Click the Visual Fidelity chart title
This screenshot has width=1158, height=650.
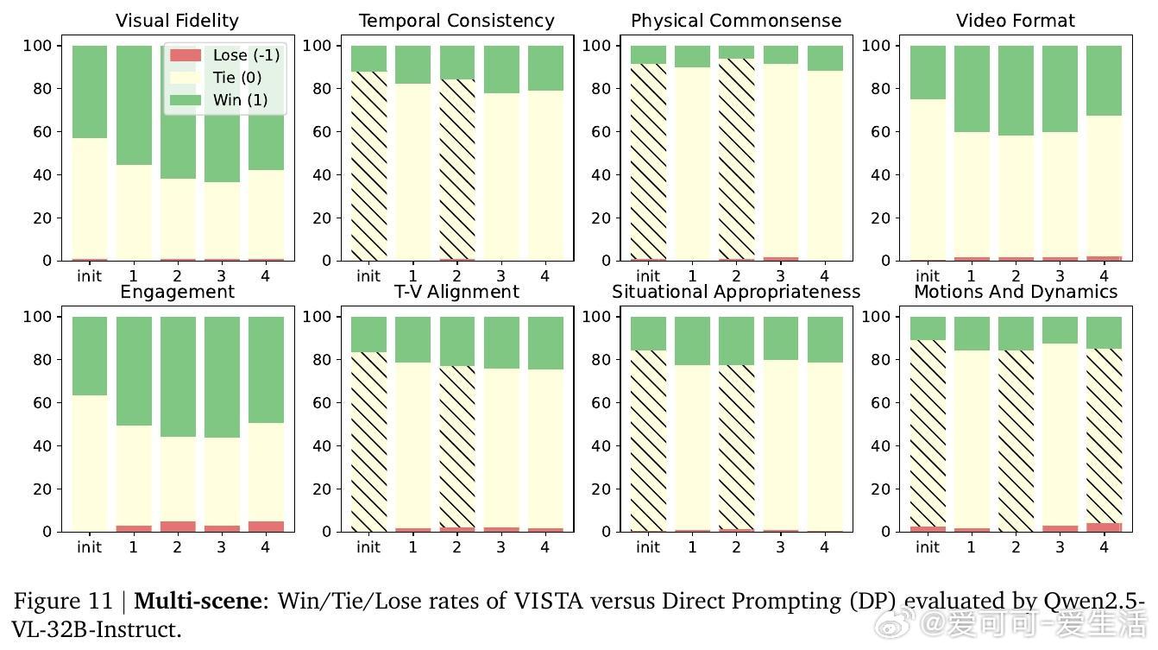pos(177,21)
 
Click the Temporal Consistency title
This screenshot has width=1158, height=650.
pos(456,21)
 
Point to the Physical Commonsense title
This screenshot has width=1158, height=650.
pos(736,21)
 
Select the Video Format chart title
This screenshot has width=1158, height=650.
pos(1016,21)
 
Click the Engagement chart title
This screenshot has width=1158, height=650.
pos(177,292)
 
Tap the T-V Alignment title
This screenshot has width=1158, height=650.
pos(456,292)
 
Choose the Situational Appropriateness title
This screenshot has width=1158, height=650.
pos(736,292)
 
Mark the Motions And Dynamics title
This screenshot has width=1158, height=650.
pos(1016,292)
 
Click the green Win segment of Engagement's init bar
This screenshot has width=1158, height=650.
pos(90,356)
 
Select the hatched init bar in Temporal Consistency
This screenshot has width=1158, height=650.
pos(368,164)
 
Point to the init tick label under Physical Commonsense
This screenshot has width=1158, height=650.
pos(648,276)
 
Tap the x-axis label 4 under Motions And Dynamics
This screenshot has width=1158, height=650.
pos(1104,547)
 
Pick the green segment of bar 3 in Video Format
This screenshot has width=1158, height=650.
pos(1060,89)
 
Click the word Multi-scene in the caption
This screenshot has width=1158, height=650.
pos(197,601)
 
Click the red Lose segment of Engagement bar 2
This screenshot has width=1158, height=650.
pos(178,527)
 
